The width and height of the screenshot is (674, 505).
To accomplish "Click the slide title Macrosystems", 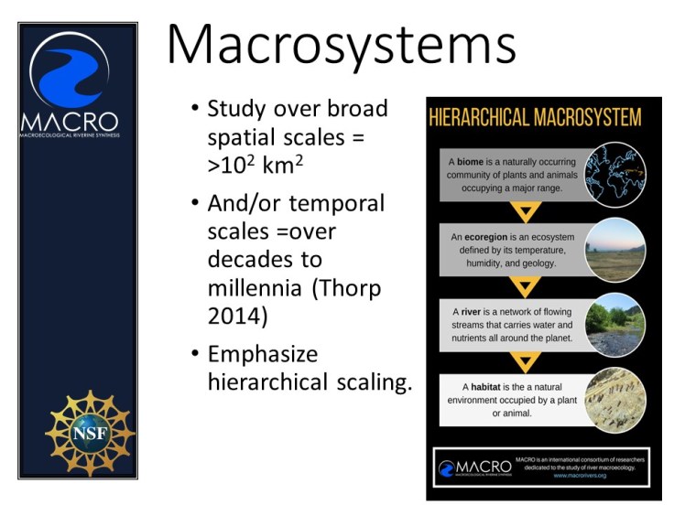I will (x=341, y=45).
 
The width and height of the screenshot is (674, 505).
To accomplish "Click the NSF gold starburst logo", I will (x=90, y=431).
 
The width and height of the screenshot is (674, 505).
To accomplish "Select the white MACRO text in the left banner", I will (x=70, y=122).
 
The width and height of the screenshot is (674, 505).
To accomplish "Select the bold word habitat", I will (x=485, y=387).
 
